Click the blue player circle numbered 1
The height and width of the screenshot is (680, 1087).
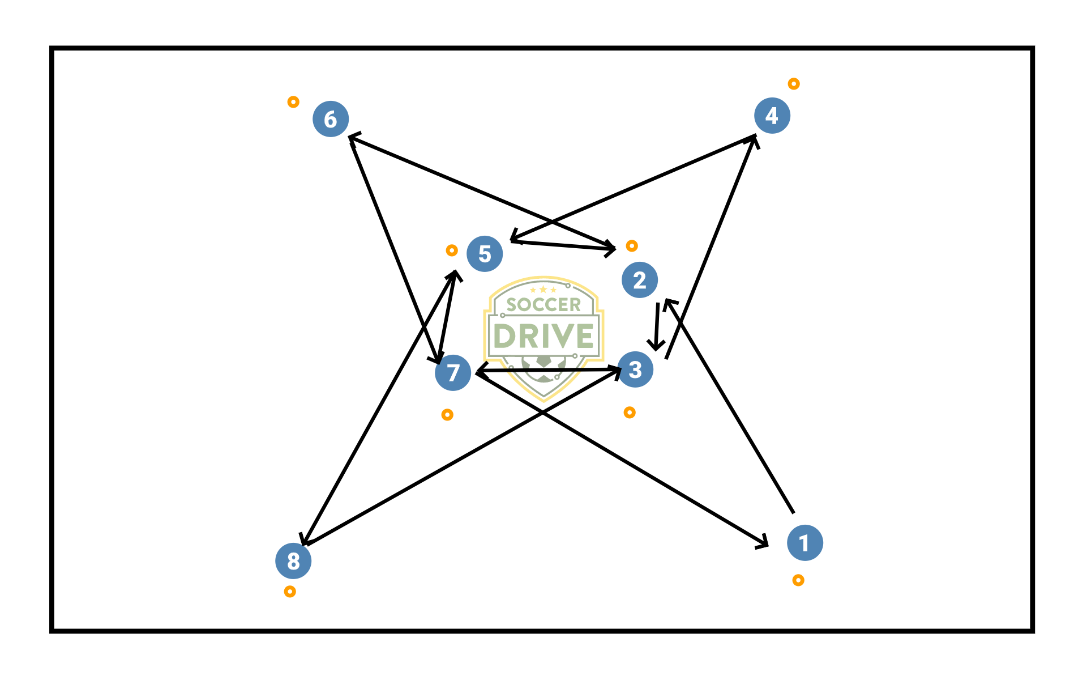[x=804, y=543]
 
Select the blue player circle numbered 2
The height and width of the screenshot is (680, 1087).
[x=639, y=280]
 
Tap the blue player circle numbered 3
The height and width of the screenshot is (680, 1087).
[x=635, y=369]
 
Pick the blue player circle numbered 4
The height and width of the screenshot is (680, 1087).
[x=772, y=116]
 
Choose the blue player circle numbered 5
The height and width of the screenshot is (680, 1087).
[x=485, y=254]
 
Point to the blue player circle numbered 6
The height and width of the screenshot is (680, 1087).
[x=331, y=119]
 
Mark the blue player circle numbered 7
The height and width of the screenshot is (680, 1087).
[x=453, y=373]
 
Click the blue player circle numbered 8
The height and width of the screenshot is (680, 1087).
[x=293, y=561]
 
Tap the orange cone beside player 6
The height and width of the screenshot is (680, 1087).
[x=293, y=102]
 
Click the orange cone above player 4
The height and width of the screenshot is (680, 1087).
[x=794, y=84]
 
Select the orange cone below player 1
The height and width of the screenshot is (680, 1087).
[x=798, y=580]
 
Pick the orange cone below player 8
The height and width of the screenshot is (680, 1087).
[x=290, y=592]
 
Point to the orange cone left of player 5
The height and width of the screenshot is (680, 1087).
[x=452, y=250]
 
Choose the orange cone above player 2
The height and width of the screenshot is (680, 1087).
[x=632, y=246]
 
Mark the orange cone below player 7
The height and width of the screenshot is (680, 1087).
[x=447, y=415]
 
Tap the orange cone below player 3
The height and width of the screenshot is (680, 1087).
[x=630, y=413]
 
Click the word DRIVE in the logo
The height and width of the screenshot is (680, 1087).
[x=543, y=336]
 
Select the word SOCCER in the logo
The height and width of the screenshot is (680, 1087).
[x=543, y=305]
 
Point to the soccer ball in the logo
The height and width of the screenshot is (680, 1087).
[x=543, y=368]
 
